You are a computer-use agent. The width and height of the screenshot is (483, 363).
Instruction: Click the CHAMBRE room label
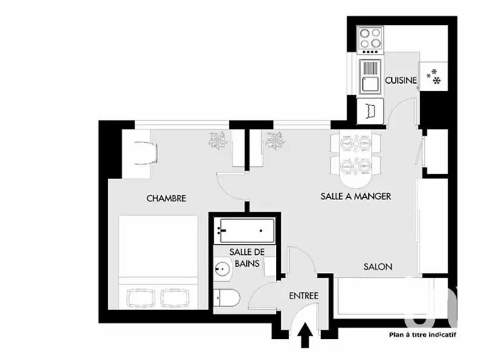point(165,198)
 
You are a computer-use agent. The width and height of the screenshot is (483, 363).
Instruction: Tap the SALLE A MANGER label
point(355,196)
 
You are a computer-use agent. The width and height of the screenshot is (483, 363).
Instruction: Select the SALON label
point(378,266)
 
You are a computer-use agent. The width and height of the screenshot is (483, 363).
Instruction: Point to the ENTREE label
point(303,296)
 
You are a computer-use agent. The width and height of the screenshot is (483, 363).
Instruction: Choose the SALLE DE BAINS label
point(244,257)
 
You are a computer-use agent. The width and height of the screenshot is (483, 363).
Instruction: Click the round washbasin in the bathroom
point(222,269)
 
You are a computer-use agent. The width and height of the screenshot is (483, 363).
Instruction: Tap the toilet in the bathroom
point(227,298)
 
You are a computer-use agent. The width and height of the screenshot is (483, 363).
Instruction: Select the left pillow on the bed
point(142,297)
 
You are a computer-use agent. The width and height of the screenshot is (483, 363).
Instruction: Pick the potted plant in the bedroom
point(217,140)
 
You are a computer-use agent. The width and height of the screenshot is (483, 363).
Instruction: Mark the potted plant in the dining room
point(275,140)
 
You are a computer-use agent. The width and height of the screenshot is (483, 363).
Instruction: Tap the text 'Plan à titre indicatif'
point(422,334)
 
